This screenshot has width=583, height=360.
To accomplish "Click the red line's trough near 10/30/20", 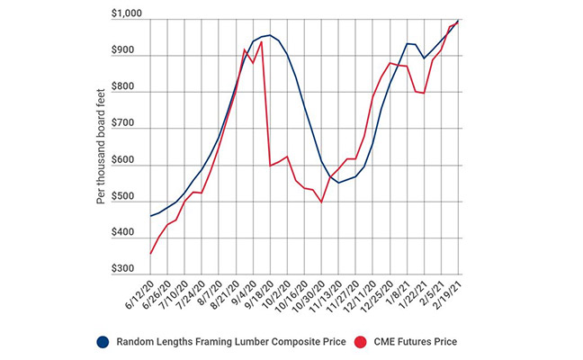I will tap(321, 202).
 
